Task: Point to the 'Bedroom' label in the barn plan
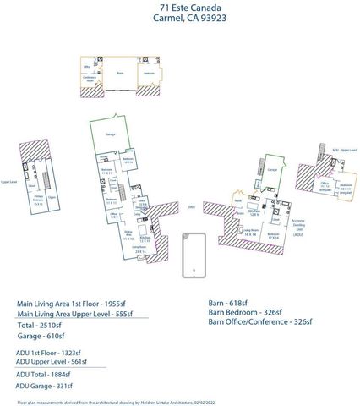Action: point(149,74)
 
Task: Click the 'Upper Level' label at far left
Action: point(9,181)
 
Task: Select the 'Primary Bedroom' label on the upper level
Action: point(39,200)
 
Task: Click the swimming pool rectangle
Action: point(194,253)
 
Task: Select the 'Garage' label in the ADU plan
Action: point(271,169)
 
